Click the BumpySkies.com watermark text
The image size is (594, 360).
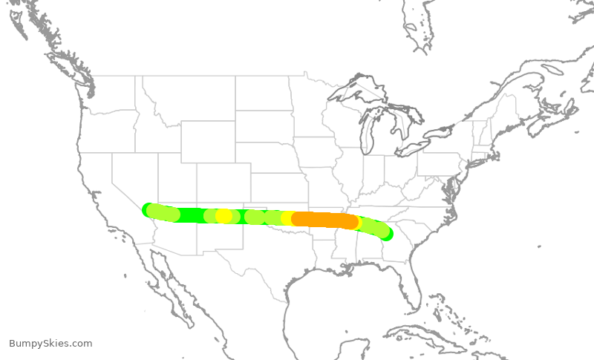50,344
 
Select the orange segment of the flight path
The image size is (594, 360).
324,220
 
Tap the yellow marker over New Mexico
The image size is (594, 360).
223,216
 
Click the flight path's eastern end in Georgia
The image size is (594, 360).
385,235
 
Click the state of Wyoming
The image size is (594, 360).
207,141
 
